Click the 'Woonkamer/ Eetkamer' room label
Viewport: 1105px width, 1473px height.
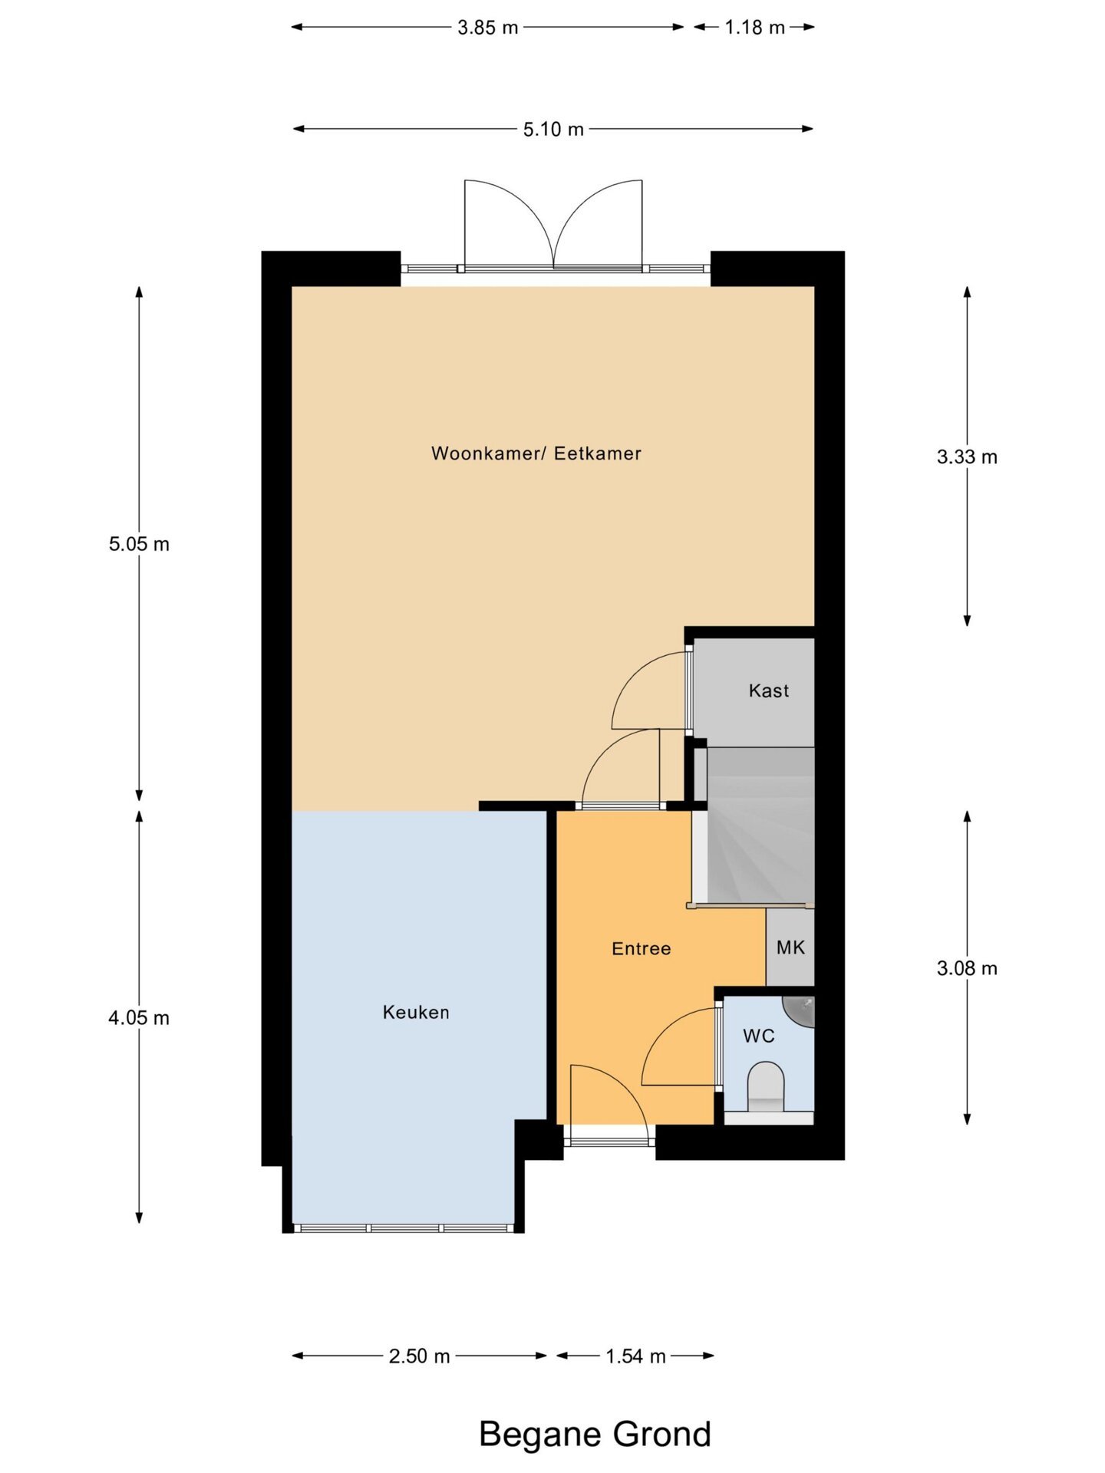click(536, 453)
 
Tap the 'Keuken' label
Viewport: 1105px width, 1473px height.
click(416, 1013)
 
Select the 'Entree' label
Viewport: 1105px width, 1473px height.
click(642, 949)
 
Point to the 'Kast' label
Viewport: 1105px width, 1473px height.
click(769, 690)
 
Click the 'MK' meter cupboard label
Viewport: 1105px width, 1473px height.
click(790, 947)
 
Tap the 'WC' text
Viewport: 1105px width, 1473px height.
click(759, 1036)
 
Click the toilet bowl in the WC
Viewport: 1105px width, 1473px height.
click(766, 1086)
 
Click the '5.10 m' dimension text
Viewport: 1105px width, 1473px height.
click(553, 129)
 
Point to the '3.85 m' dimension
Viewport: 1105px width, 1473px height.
click(488, 28)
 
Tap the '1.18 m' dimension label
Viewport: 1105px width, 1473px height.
click(755, 28)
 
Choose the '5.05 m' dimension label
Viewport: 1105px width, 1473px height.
click(139, 544)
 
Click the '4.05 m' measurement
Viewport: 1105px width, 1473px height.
click(139, 1018)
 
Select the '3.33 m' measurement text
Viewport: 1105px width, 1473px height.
click(967, 457)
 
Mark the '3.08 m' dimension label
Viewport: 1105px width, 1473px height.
click(967, 968)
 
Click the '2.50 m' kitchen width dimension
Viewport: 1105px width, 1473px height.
click(419, 1356)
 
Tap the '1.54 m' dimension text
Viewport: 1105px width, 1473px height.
click(635, 1356)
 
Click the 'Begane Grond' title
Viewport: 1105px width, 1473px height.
click(595, 1433)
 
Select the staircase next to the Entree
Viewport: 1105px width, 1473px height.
click(754, 825)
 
